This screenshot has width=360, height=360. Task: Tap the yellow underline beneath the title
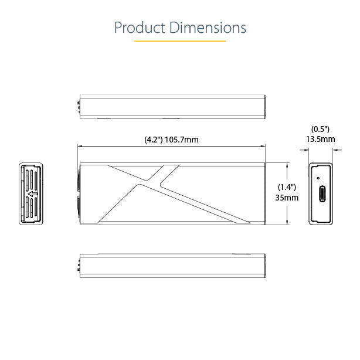pyautogui.click(x=180, y=41)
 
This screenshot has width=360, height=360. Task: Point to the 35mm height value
pyautogui.click(x=287, y=198)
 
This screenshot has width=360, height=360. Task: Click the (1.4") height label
pyautogui.click(x=287, y=188)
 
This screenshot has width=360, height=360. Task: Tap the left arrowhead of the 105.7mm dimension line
pyautogui.click(x=81, y=146)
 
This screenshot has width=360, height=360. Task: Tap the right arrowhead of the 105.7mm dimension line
pyautogui.click(x=264, y=146)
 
